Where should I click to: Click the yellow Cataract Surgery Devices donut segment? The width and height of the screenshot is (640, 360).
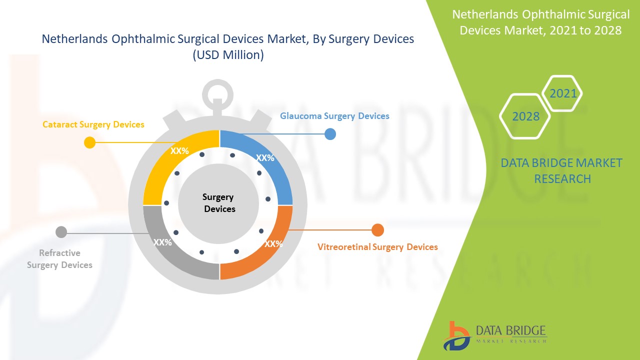pyautogui.click(x=165, y=165)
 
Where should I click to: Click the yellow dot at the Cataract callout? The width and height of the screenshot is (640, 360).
pyautogui.click(x=89, y=142)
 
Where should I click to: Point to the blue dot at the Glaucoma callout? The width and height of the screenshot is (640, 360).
pyautogui.click(x=330, y=134)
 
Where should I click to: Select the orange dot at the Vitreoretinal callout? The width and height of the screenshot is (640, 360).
pyautogui.click(x=378, y=230)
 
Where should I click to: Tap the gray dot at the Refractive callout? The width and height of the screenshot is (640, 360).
pyautogui.click(x=61, y=232)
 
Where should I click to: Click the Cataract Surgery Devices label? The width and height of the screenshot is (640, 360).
pyautogui.click(x=93, y=124)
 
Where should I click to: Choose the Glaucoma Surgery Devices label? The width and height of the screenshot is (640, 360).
pyautogui.click(x=334, y=116)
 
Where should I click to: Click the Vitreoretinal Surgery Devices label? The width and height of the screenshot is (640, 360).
pyautogui.click(x=377, y=247)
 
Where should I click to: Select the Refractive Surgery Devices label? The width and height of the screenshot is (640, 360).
pyautogui.click(x=59, y=259)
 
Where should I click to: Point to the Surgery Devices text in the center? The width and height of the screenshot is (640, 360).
pyautogui.click(x=219, y=203)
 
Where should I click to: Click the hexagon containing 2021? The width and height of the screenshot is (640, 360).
pyautogui.click(x=562, y=93)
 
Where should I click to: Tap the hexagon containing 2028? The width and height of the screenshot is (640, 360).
pyautogui.click(x=525, y=116)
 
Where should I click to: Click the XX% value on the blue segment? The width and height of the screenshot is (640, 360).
pyautogui.click(x=265, y=158)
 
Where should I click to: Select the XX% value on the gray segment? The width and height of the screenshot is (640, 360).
pyautogui.click(x=162, y=242)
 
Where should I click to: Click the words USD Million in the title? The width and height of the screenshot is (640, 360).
pyautogui.click(x=228, y=55)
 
